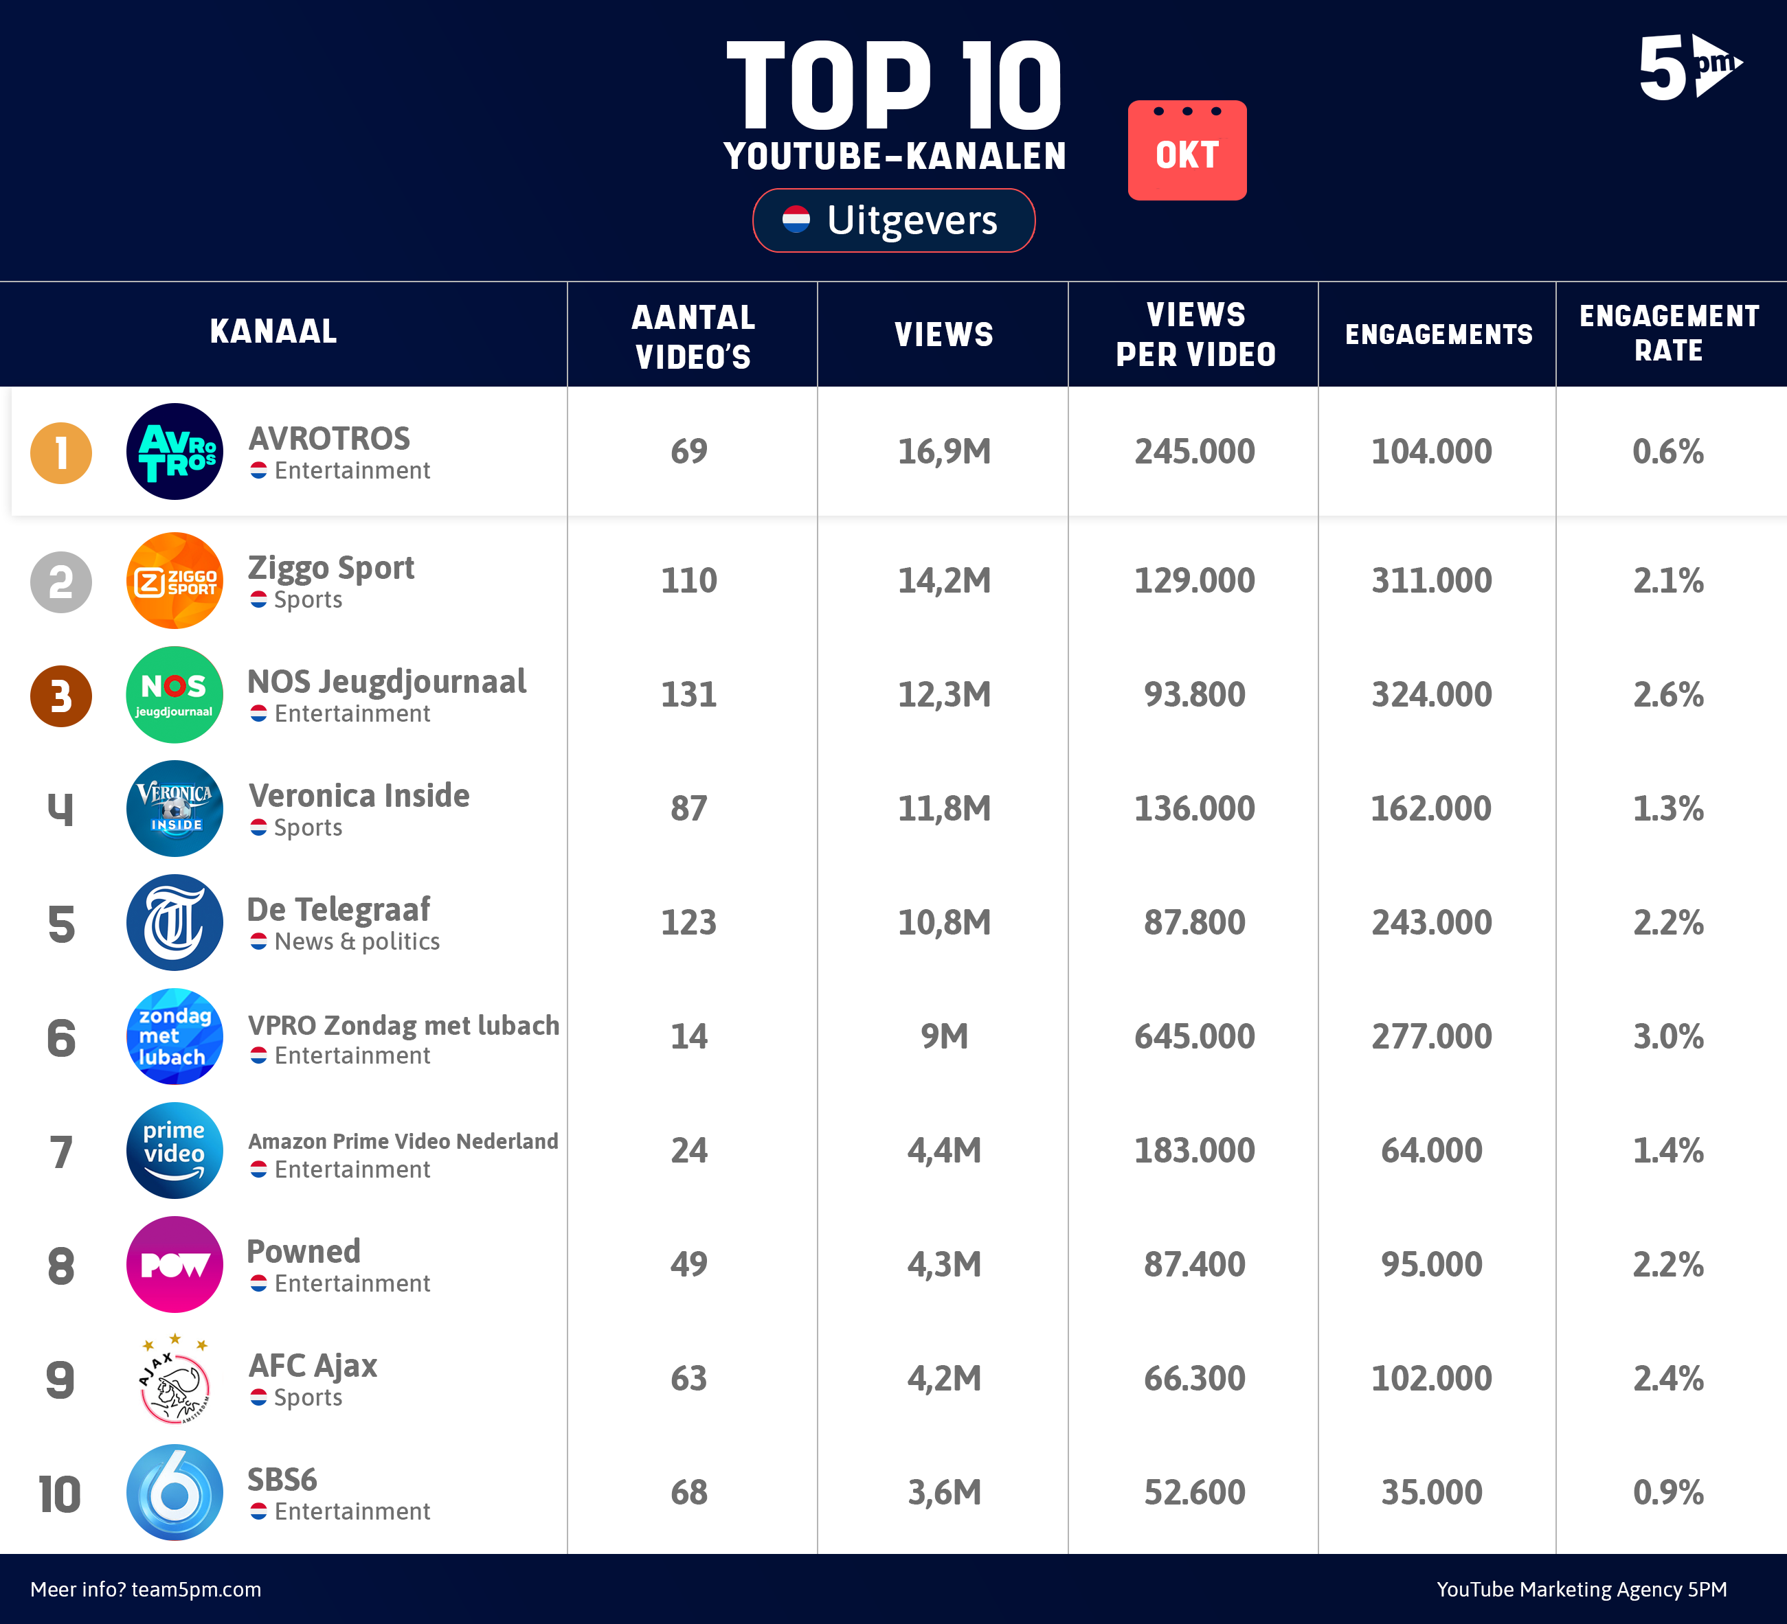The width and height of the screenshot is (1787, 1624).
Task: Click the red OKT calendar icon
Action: click(1187, 150)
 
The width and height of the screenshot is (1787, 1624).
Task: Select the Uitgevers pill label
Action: click(893, 220)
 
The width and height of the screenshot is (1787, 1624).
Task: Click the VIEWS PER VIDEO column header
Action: click(1195, 334)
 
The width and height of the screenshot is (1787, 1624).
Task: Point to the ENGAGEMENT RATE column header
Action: click(1668, 333)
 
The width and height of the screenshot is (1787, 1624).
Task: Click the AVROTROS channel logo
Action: click(175, 452)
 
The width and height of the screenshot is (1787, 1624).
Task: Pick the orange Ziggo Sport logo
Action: click(175, 580)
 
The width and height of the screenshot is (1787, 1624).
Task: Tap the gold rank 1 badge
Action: click(61, 453)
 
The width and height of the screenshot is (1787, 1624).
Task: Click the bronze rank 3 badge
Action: click(61, 696)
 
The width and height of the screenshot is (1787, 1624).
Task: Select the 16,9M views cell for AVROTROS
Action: click(944, 452)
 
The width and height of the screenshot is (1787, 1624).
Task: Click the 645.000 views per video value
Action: click(1194, 1037)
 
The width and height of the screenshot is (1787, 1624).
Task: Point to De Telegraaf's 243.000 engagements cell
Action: click(1432, 923)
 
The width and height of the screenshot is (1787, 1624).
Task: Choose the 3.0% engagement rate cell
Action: click(1668, 1037)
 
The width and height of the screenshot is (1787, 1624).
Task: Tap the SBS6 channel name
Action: click(282, 1480)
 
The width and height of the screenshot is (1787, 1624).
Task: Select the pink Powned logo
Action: click(175, 1264)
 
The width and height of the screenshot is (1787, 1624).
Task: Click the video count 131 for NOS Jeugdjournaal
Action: click(688, 695)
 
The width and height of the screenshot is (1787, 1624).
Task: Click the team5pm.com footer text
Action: click(146, 1590)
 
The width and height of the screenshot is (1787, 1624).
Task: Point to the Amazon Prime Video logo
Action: click(175, 1150)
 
